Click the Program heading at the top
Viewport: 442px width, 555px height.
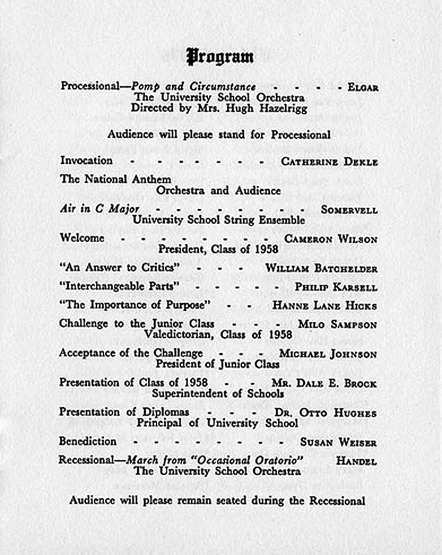(220, 57)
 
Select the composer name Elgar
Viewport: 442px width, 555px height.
(363, 88)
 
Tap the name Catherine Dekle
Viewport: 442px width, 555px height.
(330, 162)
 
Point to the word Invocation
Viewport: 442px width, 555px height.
(86, 161)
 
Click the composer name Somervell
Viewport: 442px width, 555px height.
(349, 210)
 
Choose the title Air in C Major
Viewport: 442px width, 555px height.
(99, 209)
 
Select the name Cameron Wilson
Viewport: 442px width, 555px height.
(331, 239)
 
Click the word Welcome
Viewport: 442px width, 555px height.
(82, 238)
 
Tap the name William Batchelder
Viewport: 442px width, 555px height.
(321, 268)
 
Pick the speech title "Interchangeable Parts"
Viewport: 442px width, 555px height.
(119, 287)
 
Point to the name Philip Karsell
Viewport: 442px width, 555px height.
(336, 287)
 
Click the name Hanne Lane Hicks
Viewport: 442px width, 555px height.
(324, 306)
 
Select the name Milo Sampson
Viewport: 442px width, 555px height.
(337, 325)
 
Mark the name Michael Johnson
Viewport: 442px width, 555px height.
(328, 354)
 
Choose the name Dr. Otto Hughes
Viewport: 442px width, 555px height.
(326, 413)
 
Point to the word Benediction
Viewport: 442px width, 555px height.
(88, 441)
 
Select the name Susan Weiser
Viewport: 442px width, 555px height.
(338, 443)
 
